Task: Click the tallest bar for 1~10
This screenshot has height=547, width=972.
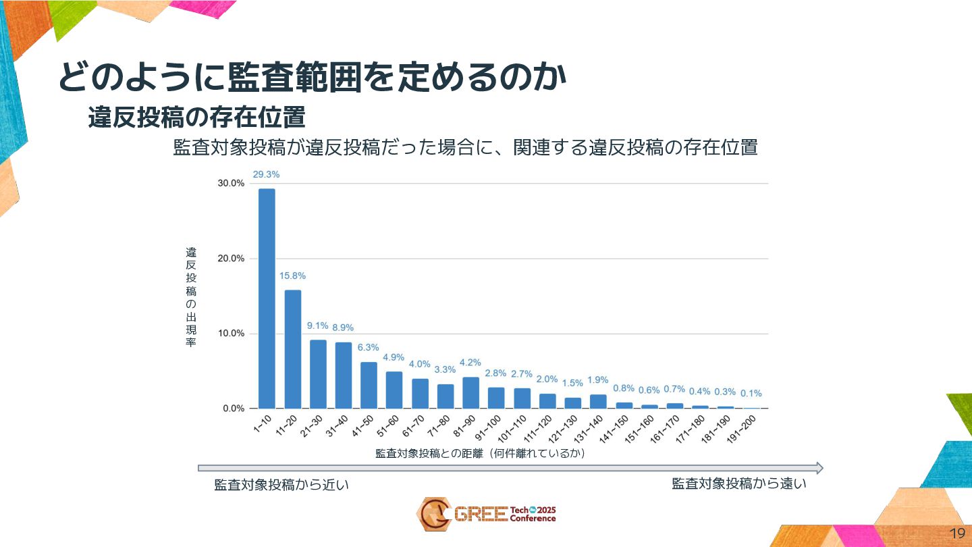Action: [267, 298]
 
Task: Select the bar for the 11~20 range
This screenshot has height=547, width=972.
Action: [292, 349]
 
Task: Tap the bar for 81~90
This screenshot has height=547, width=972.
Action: [470, 392]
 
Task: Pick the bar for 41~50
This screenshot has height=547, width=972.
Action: [369, 385]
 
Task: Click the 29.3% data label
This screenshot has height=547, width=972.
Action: [266, 174]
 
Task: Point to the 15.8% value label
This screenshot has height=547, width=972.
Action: [292, 276]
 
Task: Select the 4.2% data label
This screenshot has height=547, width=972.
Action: [470, 363]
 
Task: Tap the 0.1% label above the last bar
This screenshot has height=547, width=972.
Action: [751, 393]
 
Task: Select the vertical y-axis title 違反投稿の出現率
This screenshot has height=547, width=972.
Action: [191, 297]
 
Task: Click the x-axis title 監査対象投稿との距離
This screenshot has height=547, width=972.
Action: [479, 454]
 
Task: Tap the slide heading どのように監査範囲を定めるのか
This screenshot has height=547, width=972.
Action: [311, 77]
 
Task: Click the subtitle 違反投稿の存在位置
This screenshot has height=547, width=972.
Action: [196, 118]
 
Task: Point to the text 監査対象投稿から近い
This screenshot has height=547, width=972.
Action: [281, 485]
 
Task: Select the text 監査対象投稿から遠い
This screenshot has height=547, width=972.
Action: [739, 484]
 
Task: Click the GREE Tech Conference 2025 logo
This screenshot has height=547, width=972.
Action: [486, 514]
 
